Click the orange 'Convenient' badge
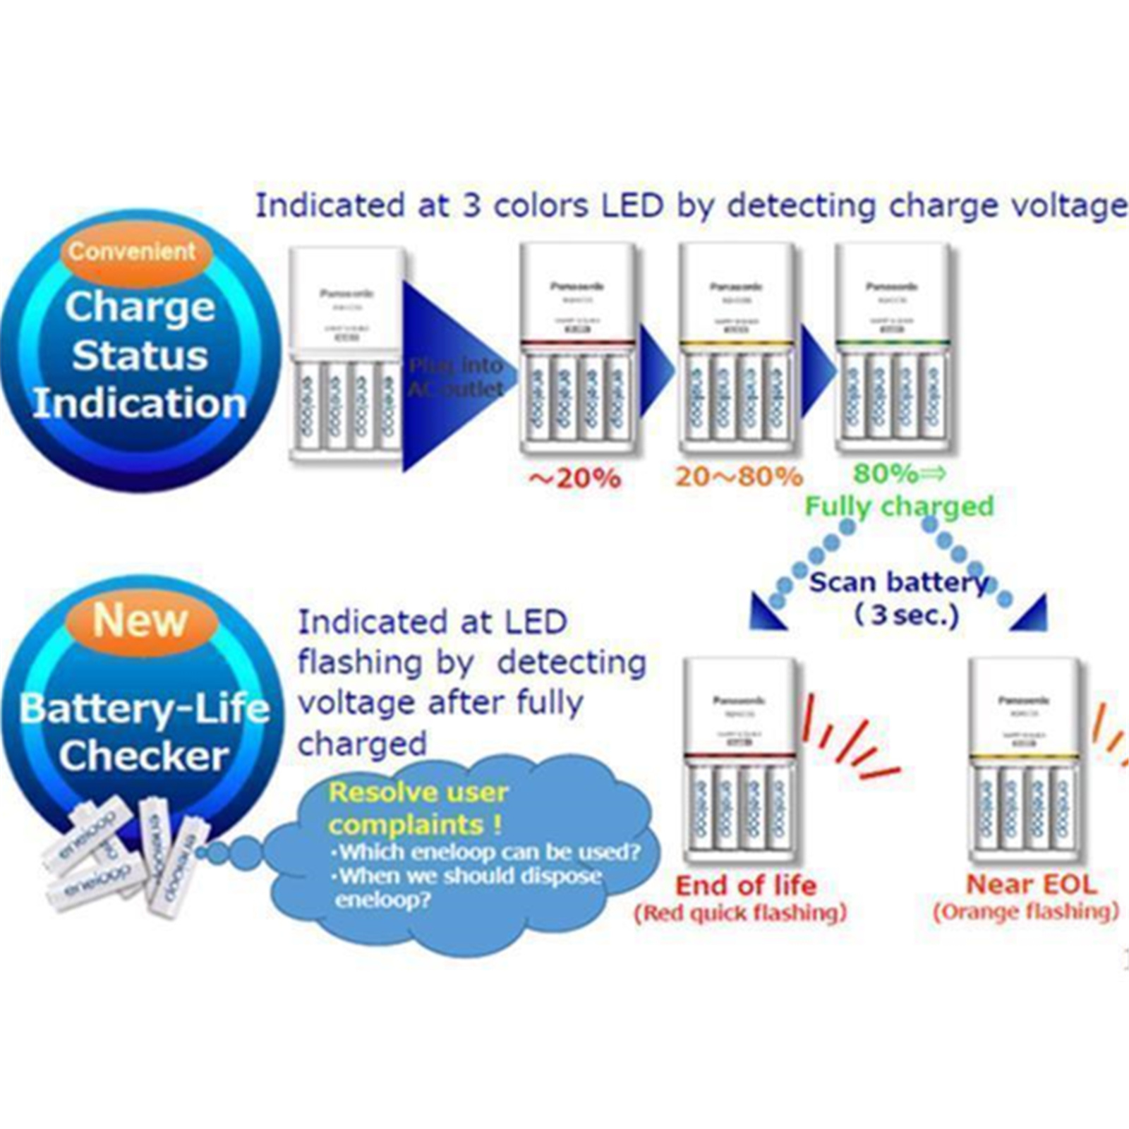point(133,251)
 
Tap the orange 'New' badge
point(140,620)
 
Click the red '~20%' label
point(575,478)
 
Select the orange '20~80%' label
point(739,476)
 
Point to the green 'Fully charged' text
point(899,506)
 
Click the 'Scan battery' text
point(898,583)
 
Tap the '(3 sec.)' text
point(907,615)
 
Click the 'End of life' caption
point(746,885)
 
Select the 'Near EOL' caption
point(1031,883)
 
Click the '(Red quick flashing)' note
point(740,913)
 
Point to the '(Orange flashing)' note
point(1026,912)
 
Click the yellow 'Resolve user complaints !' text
point(418,808)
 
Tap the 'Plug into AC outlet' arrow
point(456,377)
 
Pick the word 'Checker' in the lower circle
point(144,756)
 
